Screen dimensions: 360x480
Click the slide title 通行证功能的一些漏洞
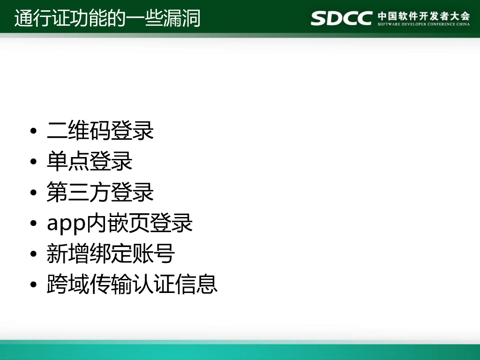tap(107, 18)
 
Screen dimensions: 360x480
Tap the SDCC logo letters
tap(341, 18)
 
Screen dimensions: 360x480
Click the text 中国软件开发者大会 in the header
tap(423, 15)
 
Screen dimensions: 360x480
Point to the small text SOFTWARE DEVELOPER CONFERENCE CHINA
tap(423, 24)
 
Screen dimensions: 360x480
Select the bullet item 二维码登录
tap(100, 130)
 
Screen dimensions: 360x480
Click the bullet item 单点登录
tap(90, 161)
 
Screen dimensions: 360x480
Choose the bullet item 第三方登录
tap(100, 193)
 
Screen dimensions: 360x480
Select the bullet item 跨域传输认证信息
tap(132, 285)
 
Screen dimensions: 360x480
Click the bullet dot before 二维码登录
tap(33, 131)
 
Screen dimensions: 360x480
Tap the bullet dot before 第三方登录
tap(33, 193)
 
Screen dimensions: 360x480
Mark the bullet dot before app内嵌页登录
tap(33, 224)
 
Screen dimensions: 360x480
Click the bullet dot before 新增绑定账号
tap(33, 255)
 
